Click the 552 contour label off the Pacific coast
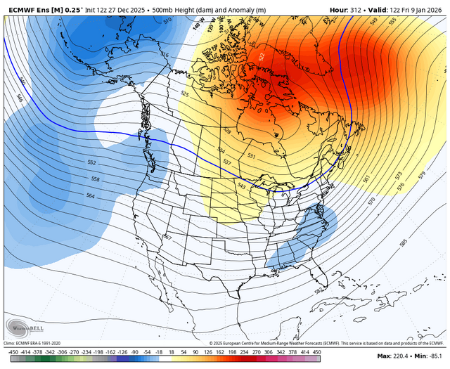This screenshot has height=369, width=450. click(x=91, y=162)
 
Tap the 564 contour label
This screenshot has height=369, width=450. click(x=91, y=195)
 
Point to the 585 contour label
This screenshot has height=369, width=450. click(x=403, y=242)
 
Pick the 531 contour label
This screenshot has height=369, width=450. click(x=252, y=156)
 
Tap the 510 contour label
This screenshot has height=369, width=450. click(x=167, y=21)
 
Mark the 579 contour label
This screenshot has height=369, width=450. click(x=420, y=174)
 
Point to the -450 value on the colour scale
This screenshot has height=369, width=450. click(x=13, y=351)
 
